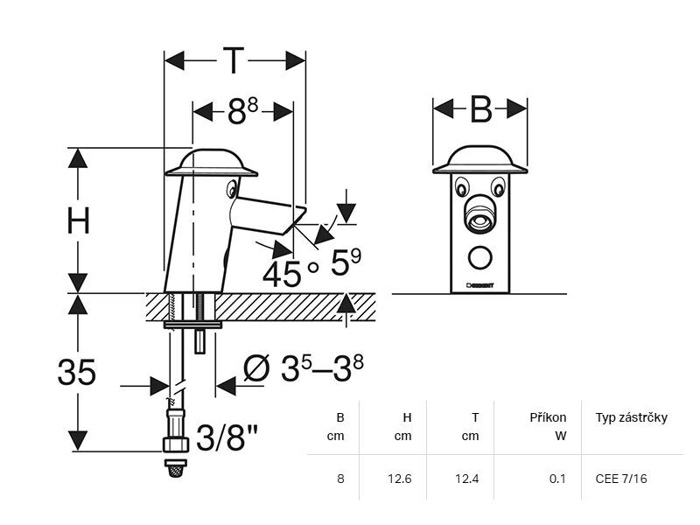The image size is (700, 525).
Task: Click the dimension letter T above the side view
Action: coord(233,61)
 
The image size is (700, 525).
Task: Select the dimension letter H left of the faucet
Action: coord(79,221)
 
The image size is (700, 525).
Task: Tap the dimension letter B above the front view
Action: coord(480,110)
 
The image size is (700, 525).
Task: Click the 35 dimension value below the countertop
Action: coord(77,372)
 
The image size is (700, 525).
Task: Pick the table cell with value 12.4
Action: coord(470,479)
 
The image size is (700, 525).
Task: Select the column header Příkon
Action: coord(548,417)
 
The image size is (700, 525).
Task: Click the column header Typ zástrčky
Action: coord(631,417)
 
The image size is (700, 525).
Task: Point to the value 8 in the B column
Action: coord(341,479)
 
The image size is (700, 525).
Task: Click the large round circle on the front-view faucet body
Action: coord(479,257)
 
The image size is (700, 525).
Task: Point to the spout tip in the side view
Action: coord(300,214)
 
